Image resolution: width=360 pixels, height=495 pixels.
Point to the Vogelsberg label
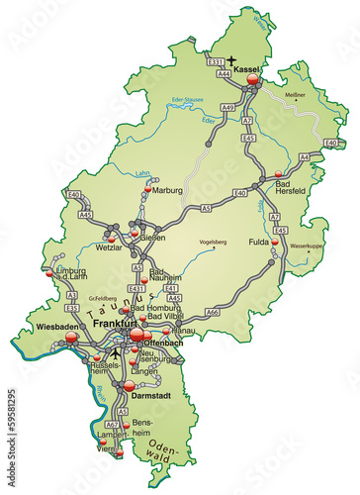199,241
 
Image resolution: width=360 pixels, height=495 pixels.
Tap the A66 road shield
212,312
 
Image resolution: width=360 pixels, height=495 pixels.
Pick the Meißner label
321,97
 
